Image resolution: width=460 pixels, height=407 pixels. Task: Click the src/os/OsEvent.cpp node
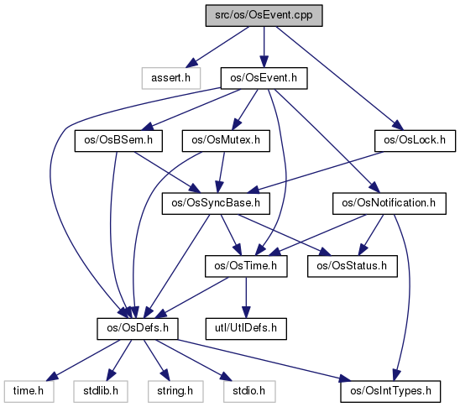point(264,16)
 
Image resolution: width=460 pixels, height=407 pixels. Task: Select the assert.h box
point(171,78)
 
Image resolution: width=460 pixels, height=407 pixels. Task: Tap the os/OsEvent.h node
point(264,78)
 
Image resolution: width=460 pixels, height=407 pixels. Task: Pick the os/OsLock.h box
point(416,141)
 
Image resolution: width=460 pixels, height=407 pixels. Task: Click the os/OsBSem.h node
point(118,141)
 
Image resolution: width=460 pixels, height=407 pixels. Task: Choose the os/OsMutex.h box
point(226,141)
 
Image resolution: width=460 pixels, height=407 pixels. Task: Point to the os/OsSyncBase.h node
point(216,203)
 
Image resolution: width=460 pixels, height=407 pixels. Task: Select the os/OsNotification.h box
point(389,203)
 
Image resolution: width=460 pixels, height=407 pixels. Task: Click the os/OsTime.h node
point(246,266)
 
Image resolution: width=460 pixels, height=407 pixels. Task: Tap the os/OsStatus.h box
point(353,266)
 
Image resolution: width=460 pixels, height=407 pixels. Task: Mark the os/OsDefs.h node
point(138,329)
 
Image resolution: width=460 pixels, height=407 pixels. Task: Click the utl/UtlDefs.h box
point(246,329)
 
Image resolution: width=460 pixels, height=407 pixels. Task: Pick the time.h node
point(29,391)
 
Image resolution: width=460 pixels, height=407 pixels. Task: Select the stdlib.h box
point(101,391)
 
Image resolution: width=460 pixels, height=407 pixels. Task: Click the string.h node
point(175,391)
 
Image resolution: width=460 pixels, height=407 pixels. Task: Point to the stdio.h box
point(249,391)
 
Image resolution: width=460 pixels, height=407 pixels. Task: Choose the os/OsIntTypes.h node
point(390,391)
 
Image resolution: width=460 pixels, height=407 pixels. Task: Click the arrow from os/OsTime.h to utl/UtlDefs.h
point(246,297)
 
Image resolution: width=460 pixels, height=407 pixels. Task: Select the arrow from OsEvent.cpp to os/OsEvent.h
point(264,47)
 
